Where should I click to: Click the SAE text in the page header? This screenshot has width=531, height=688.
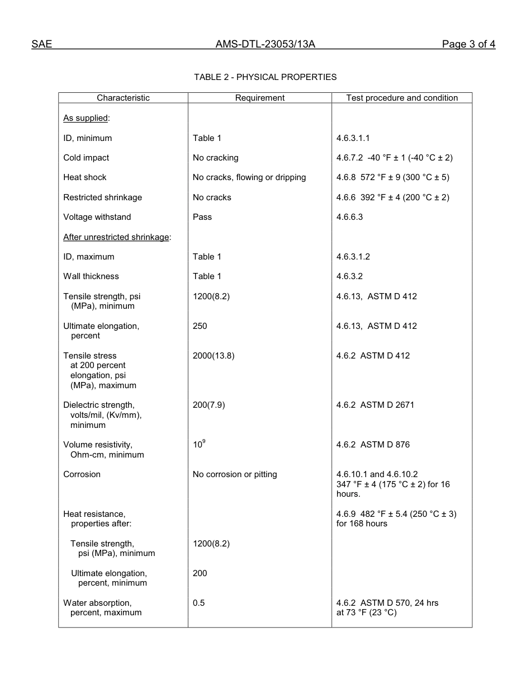(x=41, y=45)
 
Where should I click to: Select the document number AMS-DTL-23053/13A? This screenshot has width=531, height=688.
(x=265, y=45)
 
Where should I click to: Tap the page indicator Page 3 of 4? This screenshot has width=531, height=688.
(x=468, y=45)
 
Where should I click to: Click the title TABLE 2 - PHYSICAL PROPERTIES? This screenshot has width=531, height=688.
(x=265, y=77)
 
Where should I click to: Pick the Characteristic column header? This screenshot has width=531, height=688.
(x=123, y=98)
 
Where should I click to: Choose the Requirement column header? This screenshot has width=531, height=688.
(x=259, y=98)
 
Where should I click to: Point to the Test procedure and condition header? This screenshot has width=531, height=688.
(x=401, y=98)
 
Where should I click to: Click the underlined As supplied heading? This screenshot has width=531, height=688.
(x=86, y=118)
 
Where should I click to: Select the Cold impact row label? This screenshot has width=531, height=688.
(x=86, y=158)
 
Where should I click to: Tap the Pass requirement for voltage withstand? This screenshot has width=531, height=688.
(x=202, y=217)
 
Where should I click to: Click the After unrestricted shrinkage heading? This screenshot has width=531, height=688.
(x=116, y=237)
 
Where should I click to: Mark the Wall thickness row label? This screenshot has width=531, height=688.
(x=91, y=276)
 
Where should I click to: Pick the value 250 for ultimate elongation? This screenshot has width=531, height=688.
(x=200, y=326)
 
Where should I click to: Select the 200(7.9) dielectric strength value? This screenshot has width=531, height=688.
(x=208, y=405)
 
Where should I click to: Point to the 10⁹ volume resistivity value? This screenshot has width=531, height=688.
(x=199, y=444)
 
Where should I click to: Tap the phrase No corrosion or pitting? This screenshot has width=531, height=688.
(x=235, y=474)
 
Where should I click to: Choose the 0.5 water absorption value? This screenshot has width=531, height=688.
(x=198, y=603)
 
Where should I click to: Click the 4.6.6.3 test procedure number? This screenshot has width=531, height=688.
(x=349, y=217)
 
